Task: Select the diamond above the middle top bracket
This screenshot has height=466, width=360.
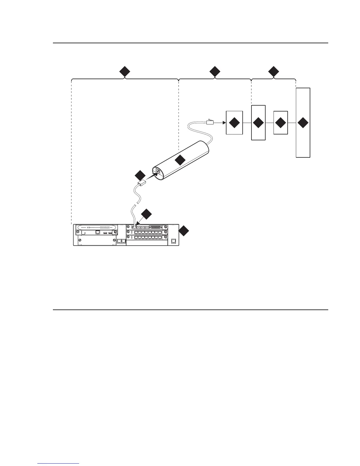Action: [x=215, y=71]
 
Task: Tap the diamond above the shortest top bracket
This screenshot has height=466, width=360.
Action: [x=274, y=71]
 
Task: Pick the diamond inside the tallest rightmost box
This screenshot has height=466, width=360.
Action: [x=303, y=123]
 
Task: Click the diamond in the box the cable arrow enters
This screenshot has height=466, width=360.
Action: [x=234, y=123]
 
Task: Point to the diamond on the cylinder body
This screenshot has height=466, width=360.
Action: [x=180, y=160]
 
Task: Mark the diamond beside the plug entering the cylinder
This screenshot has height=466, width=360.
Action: [x=140, y=175]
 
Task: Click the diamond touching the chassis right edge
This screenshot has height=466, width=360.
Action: [x=184, y=231]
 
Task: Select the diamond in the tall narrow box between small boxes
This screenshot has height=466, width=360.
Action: [x=258, y=123]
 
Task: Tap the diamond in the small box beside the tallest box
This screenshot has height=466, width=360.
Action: [x=281, y=123]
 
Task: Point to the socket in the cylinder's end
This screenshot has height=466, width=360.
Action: [x=157, y=171]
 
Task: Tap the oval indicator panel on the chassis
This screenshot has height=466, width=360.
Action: [x=96, y=227]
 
